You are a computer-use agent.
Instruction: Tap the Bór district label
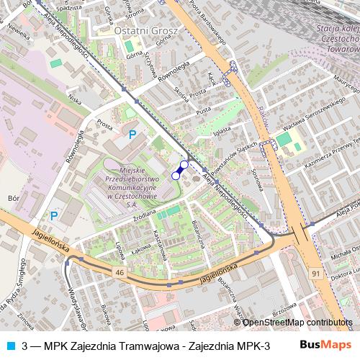pyautogui.click(x=13, y=196)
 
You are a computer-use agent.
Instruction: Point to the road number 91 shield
pyautogui.click(x=315, y=273)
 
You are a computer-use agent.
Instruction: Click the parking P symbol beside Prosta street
pyautogui.click(x=132, y=134)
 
